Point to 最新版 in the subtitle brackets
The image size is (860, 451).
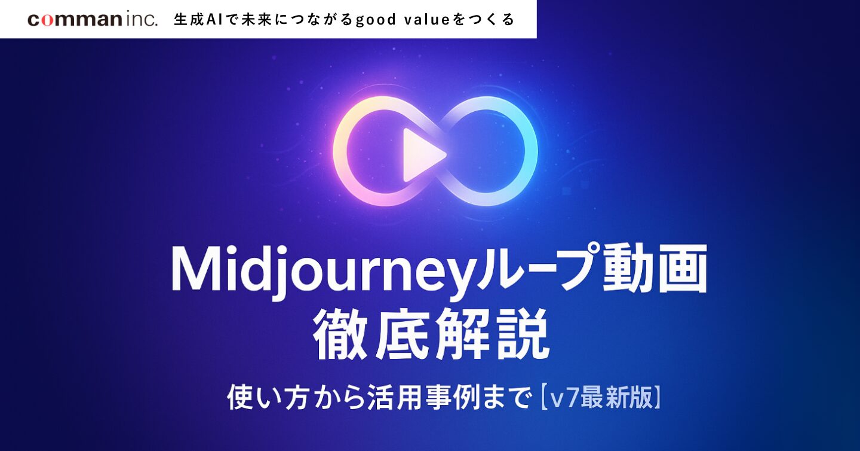[616, 398]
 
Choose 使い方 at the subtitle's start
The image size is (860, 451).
[267, 398]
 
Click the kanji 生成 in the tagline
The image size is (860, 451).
[189, 20]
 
